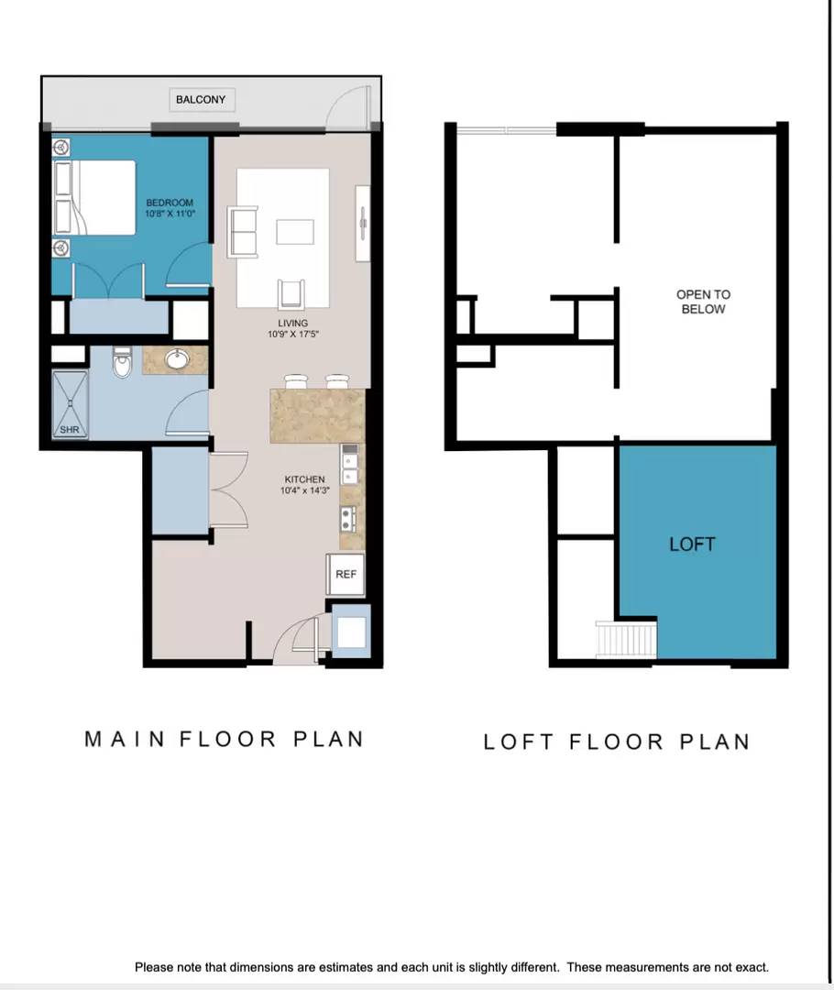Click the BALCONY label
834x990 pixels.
[x=201, y=100]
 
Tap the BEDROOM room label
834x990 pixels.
[x=170, y=203]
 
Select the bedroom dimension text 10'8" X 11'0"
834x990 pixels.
[x=170, y=214]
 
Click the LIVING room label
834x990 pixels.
[x=293, y=324]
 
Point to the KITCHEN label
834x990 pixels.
[x=304, y=479]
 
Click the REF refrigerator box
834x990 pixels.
[x=346, y=574]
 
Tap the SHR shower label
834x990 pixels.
[x=70, y=429]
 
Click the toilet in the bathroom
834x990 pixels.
[x=123, y=361]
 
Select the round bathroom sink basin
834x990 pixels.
[x=178, y=359]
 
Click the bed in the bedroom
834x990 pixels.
[x=94, y=197]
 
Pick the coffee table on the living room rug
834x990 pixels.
[x=295, y=231]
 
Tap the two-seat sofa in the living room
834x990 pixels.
[x=243, y=232]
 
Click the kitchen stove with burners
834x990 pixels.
[x=347, y=519]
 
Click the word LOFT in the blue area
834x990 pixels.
[x=693, y=544]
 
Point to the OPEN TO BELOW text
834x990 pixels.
[x=703, y=302]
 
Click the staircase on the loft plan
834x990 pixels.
[x=626, y=640]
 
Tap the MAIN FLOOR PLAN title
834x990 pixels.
[x=225, y=740]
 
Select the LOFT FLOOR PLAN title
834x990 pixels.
[x=617, y=742]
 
